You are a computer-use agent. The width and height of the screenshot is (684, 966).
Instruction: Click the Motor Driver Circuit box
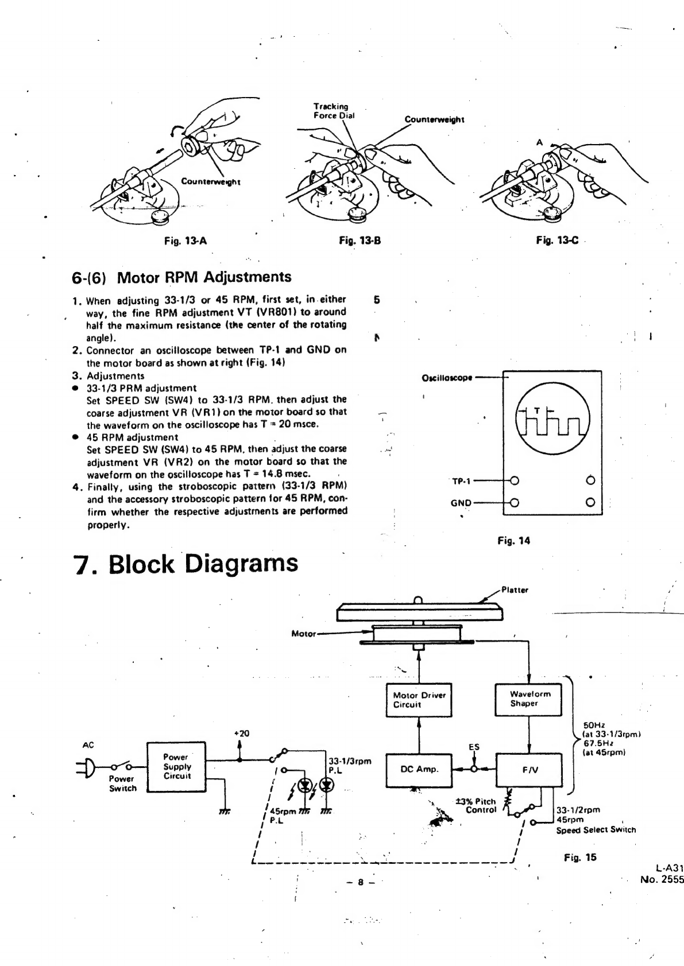(419, 700)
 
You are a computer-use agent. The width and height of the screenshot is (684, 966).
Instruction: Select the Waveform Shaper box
(528, 699)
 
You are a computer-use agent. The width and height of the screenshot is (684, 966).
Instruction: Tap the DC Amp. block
(419, 769)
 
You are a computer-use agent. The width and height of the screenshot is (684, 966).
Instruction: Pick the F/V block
(528, 770)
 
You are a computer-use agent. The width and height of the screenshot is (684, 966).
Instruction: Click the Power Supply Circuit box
(177, 767)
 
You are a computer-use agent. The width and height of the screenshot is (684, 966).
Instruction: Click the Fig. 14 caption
(514, 540)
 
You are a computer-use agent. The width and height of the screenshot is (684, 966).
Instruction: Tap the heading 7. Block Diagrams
(187, 564)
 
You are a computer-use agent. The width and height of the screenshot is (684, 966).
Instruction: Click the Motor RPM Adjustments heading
(204, 277)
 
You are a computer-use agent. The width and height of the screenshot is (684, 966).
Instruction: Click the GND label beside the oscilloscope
(461, 503)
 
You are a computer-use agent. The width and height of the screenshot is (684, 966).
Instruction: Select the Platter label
(515, 589)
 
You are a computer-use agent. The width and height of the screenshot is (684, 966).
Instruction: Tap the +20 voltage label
(242, 733)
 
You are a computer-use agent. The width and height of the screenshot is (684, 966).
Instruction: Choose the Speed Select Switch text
(596, 829)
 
